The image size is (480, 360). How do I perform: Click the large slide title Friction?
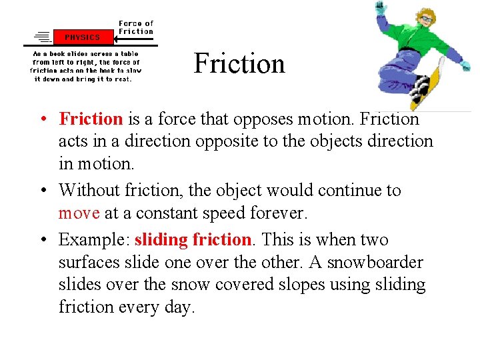(x=239, y=64)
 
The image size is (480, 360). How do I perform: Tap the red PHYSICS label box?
(x=83, y=37)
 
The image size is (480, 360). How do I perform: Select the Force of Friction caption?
(x=136, y=27)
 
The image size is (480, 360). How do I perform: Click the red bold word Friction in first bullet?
(x=91, y=119)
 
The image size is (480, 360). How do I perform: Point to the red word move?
(x=79, y=214)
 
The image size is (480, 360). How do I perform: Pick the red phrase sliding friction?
(x=193, y=239)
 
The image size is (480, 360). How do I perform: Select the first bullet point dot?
(x=42, y=120)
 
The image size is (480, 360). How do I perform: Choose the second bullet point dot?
(x=42, y=191)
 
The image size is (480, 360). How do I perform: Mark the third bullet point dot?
(x=42, y=240)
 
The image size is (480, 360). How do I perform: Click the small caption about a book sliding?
(x=85, y=65)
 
